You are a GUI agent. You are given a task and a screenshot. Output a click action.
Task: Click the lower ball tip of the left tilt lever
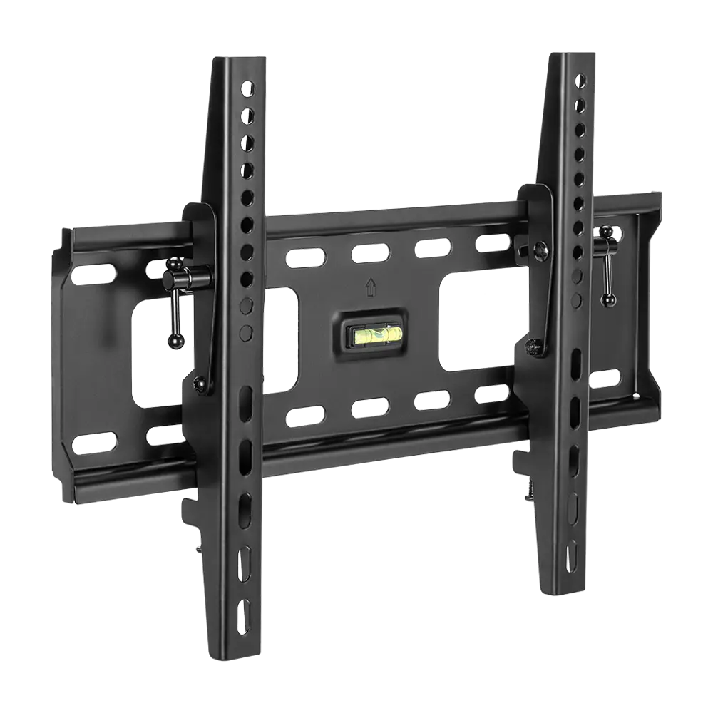click(x=172, y=343)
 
